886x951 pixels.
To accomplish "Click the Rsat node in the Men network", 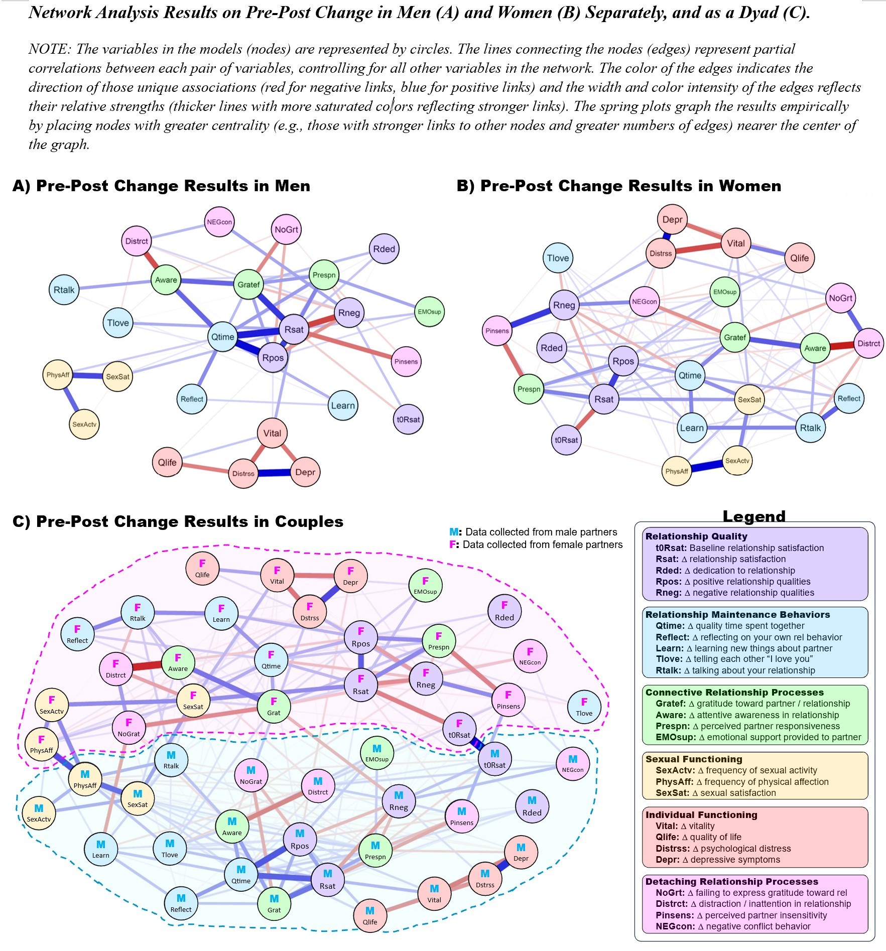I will pyautogui.click(x=294, y=329).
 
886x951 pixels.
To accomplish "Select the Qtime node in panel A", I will pyautogui.click(x=222, y=337).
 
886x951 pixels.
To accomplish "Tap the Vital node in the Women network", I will pyautogui.click(x=735, y=243).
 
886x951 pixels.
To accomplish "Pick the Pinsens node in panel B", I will pyautogui.click(x=497, y=331).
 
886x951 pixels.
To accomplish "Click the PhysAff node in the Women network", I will pyautogui.click(x=676, y=471).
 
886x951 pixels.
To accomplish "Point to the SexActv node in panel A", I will pyautogui.click(x=84, y=424).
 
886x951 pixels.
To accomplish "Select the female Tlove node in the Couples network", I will pyautogui.click(x=584, y=707).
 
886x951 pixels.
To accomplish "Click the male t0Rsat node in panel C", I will pyautogui.click(x=494, y=759).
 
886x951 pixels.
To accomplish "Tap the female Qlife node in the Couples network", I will pyautogui.click(x=202, y=569).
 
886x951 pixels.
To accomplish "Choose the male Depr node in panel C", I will pyautogui.click(x=521, y=852).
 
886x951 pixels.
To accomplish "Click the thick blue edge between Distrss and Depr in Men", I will pyautogui.click(x=274, y=473).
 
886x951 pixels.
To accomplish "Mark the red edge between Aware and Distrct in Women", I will pyautogui.click(x=842, y=346).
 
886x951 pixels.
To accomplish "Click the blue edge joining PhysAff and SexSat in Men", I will pyautogui.click(x=88, y=375).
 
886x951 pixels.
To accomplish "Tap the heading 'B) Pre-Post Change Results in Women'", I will pyautogui.click(x=618, y=186).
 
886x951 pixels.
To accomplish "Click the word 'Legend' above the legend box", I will pyautogui.click(x=753, y=516).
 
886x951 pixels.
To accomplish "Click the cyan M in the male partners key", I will pyautogui.click(x=453, y=532).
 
